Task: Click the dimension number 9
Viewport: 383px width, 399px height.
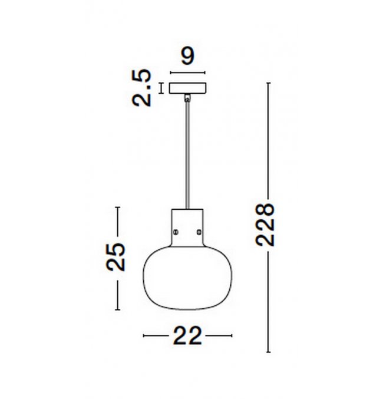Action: [x=188, y=56]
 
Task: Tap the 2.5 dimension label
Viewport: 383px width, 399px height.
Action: [x=142, y=88]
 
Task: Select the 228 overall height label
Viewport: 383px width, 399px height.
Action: [x=265, y=224]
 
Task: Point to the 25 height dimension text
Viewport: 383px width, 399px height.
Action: [x=116, y=257]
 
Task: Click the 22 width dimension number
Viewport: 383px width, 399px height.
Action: [x=187, y=336]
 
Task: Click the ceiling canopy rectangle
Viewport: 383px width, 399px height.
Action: [x=188, y=88]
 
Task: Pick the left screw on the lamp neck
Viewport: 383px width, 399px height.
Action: [x=176, y=232]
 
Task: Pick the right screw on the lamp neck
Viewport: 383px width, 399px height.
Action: [x=199, y=232]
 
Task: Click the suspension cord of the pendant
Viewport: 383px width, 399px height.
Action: [x=187, y=155]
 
